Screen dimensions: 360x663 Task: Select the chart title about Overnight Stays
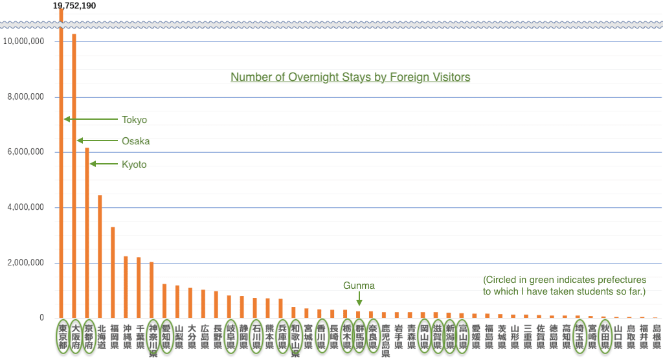[350, 77]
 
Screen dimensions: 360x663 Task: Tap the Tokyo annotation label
[135, 120]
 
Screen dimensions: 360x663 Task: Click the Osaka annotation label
[136, 141]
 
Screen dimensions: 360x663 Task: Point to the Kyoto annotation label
[134, 164]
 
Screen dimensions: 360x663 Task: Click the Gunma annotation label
[359, 286]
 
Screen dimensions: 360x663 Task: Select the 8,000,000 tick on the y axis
[24, 97]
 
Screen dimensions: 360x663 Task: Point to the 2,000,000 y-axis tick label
[24, 263]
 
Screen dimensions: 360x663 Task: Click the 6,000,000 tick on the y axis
[24, 152]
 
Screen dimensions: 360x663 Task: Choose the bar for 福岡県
[113, 272]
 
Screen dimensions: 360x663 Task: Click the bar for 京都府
[87, 232]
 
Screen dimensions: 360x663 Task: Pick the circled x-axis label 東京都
[62, 337]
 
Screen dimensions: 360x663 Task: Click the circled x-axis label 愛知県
[166, 337]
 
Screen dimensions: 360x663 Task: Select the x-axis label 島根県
[656, 337]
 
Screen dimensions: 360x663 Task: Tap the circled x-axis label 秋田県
[605, 337]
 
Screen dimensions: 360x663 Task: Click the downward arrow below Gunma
[359, 299]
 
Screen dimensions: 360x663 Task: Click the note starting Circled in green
[565, 286]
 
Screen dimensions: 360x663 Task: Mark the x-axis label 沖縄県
[127, 337]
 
